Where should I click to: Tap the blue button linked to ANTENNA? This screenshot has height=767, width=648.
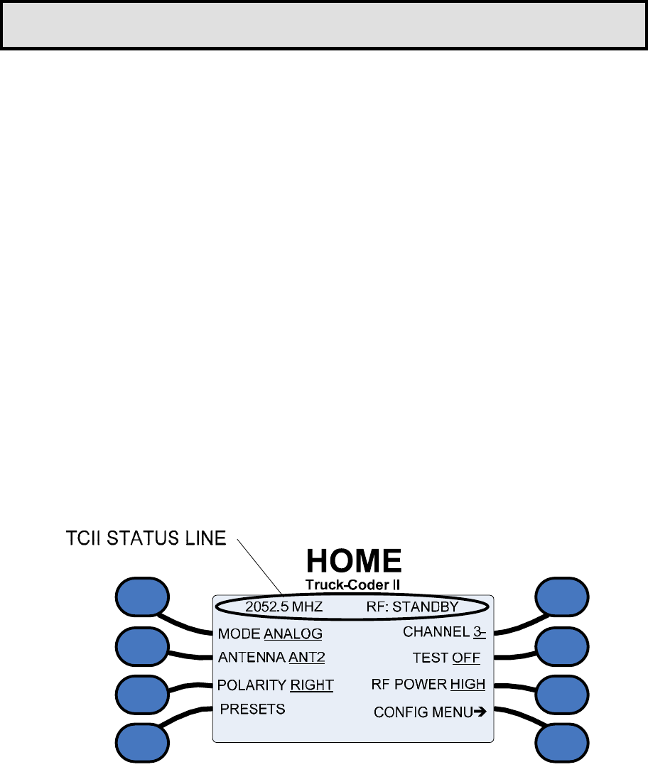coord(142,646)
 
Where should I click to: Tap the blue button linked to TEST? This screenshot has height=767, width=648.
coord(562,646)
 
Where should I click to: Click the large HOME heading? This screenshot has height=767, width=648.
coord(354,562)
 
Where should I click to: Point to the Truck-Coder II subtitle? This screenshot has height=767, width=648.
coord(354,585)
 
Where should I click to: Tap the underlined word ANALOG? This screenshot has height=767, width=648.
coord(293,633)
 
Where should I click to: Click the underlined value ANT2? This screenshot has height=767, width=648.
coord(307,658)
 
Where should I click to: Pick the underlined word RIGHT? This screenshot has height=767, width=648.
coord(312,685)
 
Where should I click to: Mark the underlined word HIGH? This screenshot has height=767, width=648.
coord(468,685)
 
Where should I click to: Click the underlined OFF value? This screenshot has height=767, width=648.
coord(466,658)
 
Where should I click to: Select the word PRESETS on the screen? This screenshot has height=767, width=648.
coord(252,709)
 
